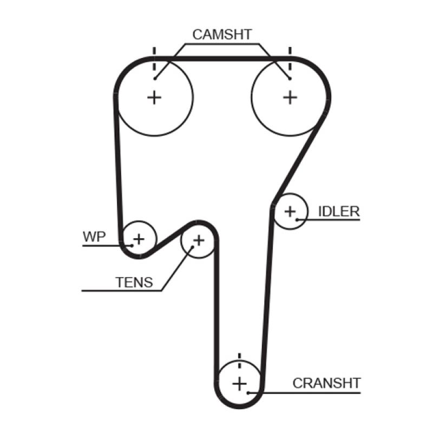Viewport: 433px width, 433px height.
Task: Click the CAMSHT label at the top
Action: click(222, 35)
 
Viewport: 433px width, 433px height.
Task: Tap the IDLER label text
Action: click(338, 211)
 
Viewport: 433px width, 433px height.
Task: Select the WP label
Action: click(95, 237)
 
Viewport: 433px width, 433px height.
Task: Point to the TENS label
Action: click(134, 282)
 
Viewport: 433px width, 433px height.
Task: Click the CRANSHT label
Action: click(326, 383)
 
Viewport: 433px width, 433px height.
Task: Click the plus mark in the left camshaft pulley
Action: click(155, 97)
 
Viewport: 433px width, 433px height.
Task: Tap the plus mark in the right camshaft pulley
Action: click(291, 97)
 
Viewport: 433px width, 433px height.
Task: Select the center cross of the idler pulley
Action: click(291, 211)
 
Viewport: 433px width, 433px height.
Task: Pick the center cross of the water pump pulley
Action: click(139, 238)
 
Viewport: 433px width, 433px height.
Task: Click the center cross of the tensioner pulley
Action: click(199, 240)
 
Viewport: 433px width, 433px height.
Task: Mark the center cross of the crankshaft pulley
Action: click(239, 384)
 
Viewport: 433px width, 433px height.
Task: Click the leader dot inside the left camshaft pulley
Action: click(155, 79)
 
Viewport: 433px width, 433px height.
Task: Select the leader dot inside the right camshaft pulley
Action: click(291, 79)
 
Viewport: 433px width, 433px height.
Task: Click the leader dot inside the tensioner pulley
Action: click(192, 246)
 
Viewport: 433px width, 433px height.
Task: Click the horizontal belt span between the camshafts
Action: click(222, 57)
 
